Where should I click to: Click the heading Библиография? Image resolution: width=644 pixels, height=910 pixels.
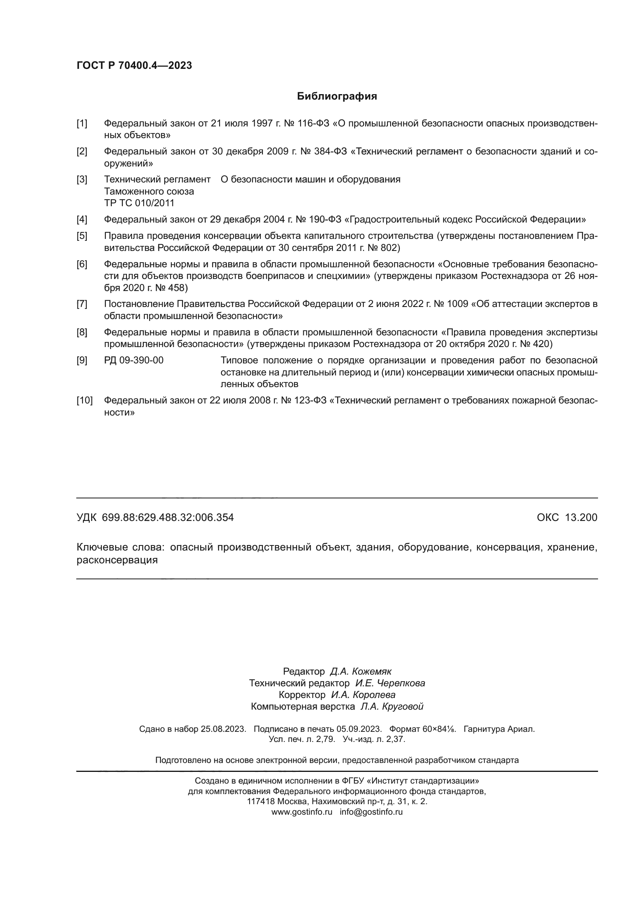click(x=337, y=96)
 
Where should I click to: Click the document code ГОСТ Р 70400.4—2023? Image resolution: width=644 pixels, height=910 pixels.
click(x=134, y=65)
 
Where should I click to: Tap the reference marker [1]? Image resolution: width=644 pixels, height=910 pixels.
click(x=82, y=124)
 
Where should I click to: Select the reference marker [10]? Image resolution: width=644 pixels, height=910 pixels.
click(x=84, y=400)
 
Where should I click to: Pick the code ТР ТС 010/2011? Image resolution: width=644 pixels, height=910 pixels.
click(x=139, y=203)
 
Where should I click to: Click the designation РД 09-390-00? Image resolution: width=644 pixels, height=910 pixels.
click(x=134, y=360)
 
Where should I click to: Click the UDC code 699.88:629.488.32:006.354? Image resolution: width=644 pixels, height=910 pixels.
click(x=168, y=517)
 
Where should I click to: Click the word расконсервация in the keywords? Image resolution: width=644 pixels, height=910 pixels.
click(x=117, y=560)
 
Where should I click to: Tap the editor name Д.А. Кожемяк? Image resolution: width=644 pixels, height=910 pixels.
click(x=361, y=672)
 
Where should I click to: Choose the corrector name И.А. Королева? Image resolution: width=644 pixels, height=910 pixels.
click(x=363, y=695)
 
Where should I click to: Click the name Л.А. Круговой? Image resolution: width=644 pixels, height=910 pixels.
click(x=391, y=706)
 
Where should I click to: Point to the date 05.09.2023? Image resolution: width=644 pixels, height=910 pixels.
click(x=359, y=729)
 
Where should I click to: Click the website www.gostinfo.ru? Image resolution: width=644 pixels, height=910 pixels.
click(x=302, y=812)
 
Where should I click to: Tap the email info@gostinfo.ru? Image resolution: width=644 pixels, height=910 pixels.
click(x=371, y=812)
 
